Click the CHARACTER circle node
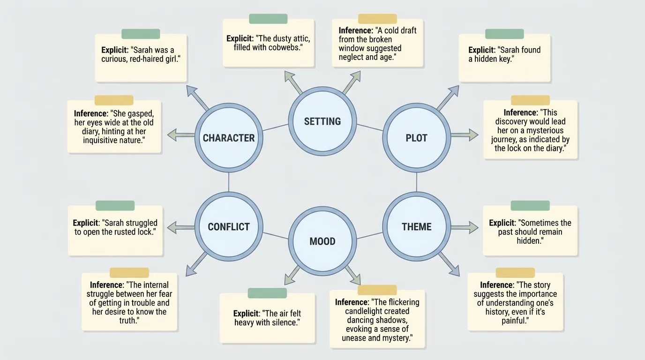pyautogui.click(x=228, y=138)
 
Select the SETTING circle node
pyautogui.click(x=322, y=121)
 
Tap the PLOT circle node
pyautogui.click(x=416, y=138)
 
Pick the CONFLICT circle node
pyautogui.click(x=228, y=226)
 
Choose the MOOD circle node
pyautogui.click(x=322, y=241)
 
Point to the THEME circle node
pyautogui.click(x=416, y=226)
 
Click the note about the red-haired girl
pyautogui.click(x=141, y=59)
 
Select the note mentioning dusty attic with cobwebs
pyautogui.click(x=268, y=43)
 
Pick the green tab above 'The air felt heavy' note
pyautogui.click(x=267, y=293)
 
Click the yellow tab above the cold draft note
pyautogui.click(x=377, y=19)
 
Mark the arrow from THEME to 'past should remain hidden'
pyautogui.click(x=464, y=227)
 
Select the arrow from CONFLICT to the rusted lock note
pyautogui.click(x=180, y=228)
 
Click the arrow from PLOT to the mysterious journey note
pyautogui.click(x=464, y=135)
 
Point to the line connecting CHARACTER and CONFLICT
pyautogui.click(x=229, y=182)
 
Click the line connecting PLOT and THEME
pyautogui.click(x=416, y=182)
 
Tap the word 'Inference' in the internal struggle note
pyautogui.click(x=106, y=285)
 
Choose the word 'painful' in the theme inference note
pyautogui.click(x=514, y=321)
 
